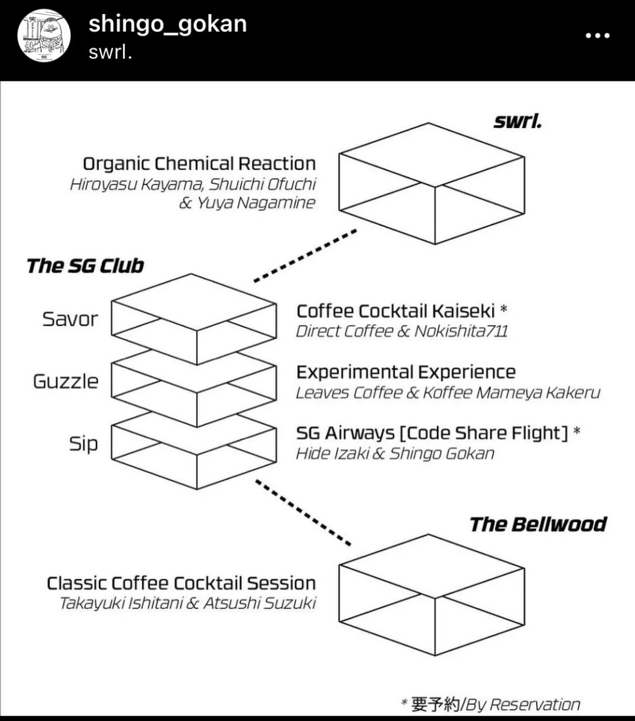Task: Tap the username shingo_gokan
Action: tap(168, 24)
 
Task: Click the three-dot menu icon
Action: tap(597, 36)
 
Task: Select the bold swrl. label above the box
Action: tap(517, 121)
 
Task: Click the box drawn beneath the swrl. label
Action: tap(432, 183)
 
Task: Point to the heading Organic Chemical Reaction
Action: tap(199, 163)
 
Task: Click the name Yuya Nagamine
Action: tap(256, 203)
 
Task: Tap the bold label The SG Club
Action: tap(85, 266)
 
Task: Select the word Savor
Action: tap(70, 319)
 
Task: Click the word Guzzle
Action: tap(66, 381)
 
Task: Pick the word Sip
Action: tap(83, 444)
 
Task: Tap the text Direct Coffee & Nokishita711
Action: tap(402, 331)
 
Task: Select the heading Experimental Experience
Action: tap(406, 372)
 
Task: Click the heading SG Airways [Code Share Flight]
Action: tap(432, 433)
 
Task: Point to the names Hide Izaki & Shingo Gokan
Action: tap(395, 454)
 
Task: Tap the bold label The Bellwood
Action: tap(537, 524)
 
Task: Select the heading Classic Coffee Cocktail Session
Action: tap(181, 583)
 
